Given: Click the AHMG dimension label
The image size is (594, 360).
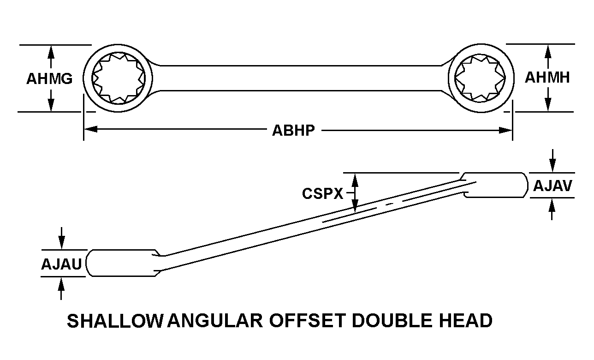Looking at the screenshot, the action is click(49, 78).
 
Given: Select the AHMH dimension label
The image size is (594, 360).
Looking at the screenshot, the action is click(547, 78).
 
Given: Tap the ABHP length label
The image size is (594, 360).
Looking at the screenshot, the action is click(294, 131).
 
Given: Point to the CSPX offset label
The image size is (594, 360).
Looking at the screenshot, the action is click(323, 193).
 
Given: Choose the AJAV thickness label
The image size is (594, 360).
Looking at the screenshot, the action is click(552, 186).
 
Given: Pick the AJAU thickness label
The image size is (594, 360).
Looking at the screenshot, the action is click(61, 264).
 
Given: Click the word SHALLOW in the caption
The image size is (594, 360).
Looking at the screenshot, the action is click(114, 320).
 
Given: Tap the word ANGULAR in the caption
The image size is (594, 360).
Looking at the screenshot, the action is click(215, 320).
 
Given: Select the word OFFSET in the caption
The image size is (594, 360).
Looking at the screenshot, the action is click(308, 320).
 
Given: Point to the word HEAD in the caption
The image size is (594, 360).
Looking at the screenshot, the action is click(466, 320).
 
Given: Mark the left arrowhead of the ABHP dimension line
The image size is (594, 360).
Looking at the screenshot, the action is click(91, 130).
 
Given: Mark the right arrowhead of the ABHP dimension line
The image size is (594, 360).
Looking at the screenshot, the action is click(505, 131).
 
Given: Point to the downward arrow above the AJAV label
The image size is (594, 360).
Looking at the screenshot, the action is click(552, 161).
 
